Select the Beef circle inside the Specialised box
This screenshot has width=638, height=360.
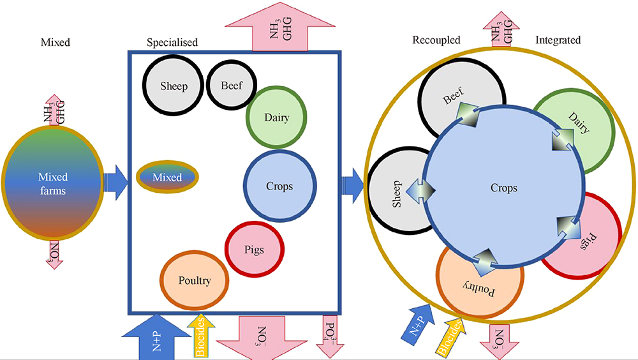[x=231, y=86]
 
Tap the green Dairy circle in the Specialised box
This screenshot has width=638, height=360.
[x=276, y=117]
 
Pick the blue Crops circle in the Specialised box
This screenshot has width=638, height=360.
[x=279, y=186]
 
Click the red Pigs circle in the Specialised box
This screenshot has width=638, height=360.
[x=254, y=250]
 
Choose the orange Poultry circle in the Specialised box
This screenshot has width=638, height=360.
[x=194, y=280]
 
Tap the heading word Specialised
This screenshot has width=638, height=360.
[x=172, y=42]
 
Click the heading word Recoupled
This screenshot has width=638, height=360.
[x=436, y=40]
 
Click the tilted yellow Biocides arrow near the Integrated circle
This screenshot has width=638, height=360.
[x=449, y=336]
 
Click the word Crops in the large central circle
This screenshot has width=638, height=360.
[x=503, y=188]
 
